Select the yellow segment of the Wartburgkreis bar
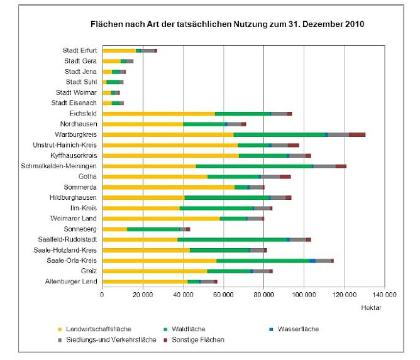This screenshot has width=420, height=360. (167, 134)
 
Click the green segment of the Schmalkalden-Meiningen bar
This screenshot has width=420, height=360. (255, 166)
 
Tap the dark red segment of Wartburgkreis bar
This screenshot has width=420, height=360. (356, 134)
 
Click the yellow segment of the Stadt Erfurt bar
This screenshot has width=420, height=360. (119, 50)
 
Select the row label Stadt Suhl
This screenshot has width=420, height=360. (81, 82)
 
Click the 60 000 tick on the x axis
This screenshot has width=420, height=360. (223, 294)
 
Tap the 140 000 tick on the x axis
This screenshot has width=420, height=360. (385, 294)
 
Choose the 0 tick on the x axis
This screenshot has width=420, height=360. (102, 294)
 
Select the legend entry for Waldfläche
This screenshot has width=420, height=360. (187, 329)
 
